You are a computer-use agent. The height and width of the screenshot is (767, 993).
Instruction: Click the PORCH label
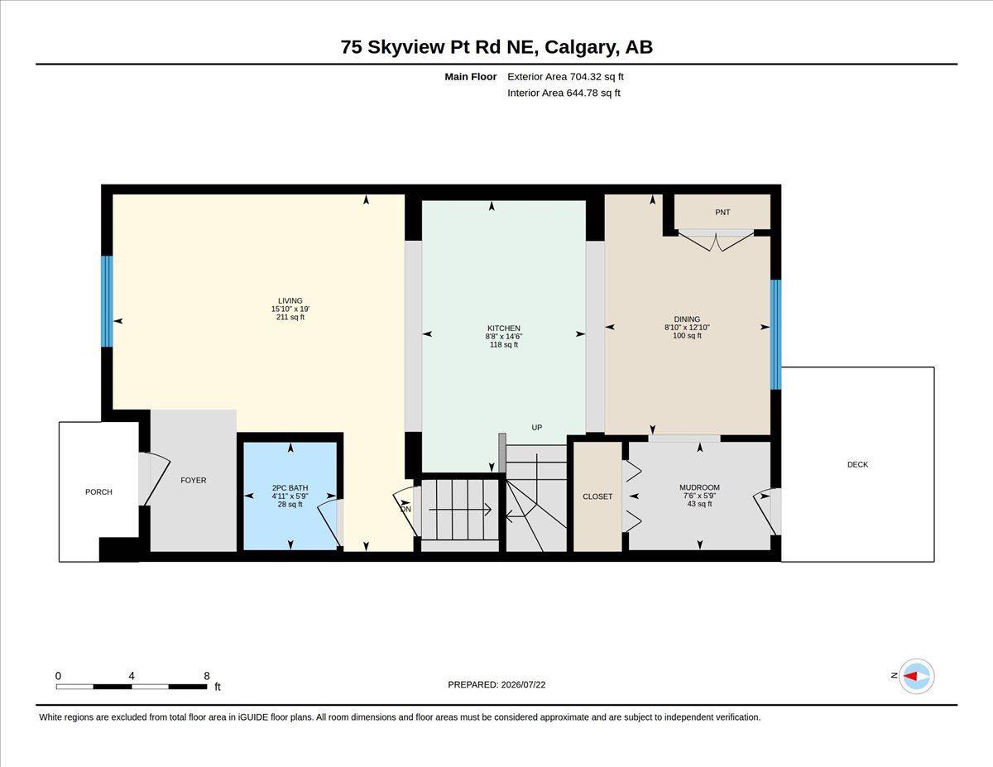click(98, 492)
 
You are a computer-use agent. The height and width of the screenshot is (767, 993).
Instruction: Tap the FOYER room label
click(194, 480)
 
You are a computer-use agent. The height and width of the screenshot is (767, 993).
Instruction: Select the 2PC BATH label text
click(290, 488)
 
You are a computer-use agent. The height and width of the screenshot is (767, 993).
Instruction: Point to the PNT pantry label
click(722, 213)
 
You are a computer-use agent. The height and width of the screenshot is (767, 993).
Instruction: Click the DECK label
click(858, 465)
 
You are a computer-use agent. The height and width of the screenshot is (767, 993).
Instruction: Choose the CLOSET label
click(597, 496)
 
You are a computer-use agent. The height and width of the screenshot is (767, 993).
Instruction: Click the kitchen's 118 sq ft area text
click(504, 345)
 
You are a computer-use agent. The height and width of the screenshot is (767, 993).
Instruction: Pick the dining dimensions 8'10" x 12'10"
click(687, 328)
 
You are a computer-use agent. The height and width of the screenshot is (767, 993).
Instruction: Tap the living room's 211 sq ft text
click(290, 317)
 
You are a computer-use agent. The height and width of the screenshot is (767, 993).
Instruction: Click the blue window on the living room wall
click(107, 301)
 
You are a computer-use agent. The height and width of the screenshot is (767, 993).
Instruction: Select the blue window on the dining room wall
click(776, 334)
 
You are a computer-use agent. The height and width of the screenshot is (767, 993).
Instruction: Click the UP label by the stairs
click(537, 428)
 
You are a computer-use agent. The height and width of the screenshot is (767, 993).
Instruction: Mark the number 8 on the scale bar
click(207, 676)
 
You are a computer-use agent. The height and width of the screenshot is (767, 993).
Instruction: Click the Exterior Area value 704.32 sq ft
click(597, 77)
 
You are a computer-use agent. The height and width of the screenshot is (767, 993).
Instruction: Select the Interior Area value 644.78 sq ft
click(593, 93)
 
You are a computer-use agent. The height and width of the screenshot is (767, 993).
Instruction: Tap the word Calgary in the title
click(579, 47)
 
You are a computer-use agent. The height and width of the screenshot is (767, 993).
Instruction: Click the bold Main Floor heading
click(471, 77)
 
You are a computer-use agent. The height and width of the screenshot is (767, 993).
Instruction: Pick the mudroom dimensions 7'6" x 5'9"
click(699, 496)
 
